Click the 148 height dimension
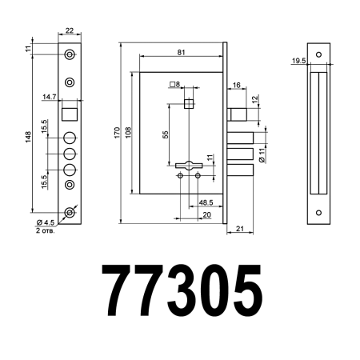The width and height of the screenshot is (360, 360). point(28,138)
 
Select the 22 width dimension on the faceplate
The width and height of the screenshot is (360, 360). point(70,30)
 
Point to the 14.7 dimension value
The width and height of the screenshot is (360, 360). point(49,97)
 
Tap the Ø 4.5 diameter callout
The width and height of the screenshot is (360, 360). point(46,222)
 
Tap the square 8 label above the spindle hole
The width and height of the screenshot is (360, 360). point(175,84)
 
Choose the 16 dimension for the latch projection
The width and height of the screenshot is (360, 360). point(237,85)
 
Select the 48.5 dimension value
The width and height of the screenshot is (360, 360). point(206,203)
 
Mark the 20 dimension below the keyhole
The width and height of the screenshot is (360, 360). point(206,214)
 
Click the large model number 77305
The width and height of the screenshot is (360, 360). point(180,292)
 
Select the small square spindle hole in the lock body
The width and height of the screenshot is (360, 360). point(189,104)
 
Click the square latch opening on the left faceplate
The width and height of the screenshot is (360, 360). point(69,110)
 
